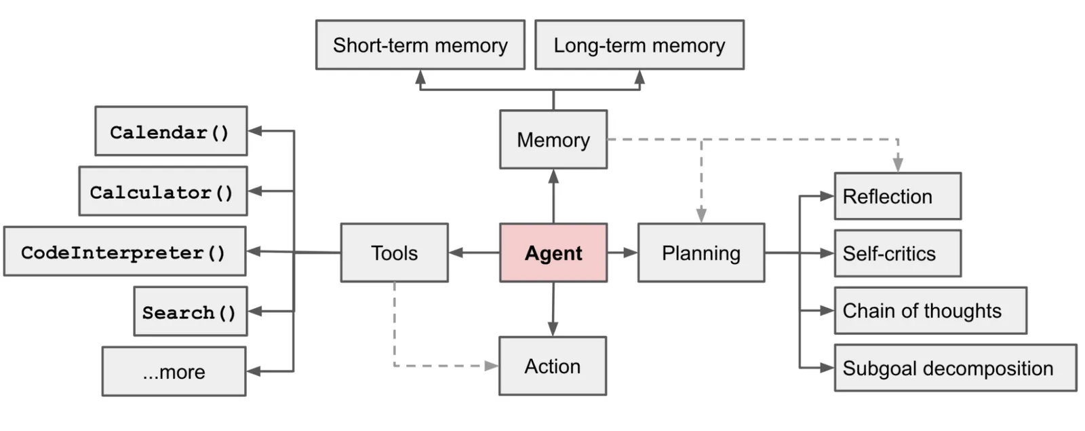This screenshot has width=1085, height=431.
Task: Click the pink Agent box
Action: coord(553,252)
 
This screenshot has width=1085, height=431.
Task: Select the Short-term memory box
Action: coord(420,45)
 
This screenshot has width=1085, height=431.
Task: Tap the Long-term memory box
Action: coord(639,45)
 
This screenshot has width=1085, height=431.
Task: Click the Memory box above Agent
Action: coord(553,139)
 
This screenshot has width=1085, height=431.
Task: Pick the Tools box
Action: coord(394,252)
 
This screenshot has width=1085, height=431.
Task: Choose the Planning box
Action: coord(701,252)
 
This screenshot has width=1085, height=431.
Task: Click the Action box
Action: coord(552,366)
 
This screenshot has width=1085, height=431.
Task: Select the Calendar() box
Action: coord(171,131)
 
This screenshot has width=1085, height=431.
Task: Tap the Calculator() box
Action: coord(163,191)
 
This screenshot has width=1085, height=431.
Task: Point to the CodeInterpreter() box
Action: coord(124,252)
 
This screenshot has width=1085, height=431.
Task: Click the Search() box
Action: coord(190,312)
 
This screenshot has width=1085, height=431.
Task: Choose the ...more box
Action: coord(174,371)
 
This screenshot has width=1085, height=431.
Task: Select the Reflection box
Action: coord(897,196)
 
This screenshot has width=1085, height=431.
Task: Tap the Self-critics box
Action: coord(897,253)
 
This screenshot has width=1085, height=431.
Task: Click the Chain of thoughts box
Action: coord(930,311)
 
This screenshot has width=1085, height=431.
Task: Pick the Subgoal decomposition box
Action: coord(955,368)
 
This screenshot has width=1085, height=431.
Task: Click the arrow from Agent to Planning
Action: coord(623,252)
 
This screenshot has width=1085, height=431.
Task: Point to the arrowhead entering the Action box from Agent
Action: coord(553,329)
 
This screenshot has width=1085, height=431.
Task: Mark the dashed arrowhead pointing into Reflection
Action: coord(898,165)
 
